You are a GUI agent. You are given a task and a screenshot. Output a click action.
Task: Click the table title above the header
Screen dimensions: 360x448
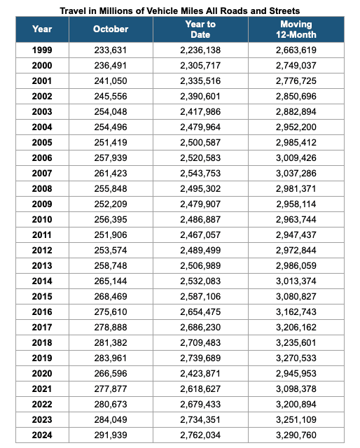click(x=180, y=10)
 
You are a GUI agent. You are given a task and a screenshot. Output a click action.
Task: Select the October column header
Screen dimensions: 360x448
click(x=111, y=29)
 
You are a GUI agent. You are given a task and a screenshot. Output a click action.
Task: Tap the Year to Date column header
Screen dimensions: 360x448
click(x=200, y=29)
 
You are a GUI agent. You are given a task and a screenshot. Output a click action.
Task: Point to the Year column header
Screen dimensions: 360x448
click(x=41, y=29)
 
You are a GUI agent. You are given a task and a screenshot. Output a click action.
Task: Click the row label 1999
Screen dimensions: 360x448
click(x=41, y=50)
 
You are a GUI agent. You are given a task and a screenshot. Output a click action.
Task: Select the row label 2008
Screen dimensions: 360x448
click(x=41, y=188)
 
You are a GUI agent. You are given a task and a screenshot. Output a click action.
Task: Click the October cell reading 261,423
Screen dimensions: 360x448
click(x=111, y=173)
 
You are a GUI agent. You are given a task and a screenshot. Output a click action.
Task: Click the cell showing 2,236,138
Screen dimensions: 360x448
click(x=200, y=50)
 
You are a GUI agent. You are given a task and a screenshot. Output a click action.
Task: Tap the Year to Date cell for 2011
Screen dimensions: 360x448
click(x=200, y=234)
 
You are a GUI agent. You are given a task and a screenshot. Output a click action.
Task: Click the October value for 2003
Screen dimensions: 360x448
click(x=111, y=112)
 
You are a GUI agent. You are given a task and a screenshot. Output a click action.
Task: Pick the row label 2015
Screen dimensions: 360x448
click(x=41, y=296)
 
